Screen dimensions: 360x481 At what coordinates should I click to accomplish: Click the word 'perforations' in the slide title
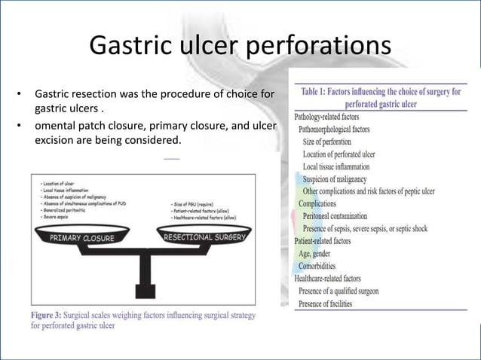pos(316,46)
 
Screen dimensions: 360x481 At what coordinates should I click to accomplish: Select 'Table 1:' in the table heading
pos(323,92)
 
